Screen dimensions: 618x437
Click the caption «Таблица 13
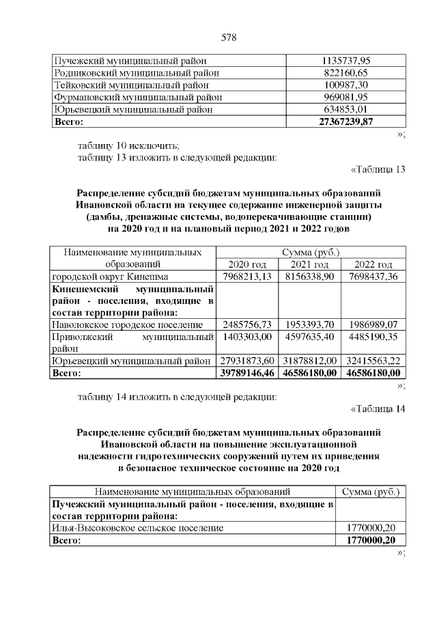378,170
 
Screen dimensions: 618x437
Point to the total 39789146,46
247,373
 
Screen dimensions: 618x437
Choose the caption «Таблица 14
378,409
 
